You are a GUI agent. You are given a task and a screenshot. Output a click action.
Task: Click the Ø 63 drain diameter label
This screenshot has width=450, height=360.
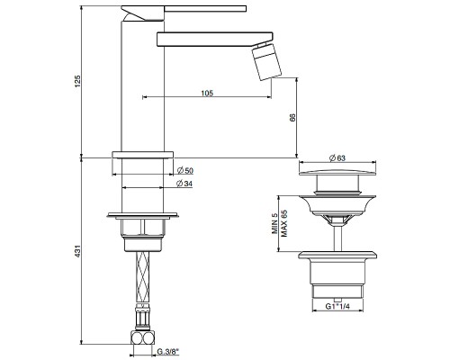tap(337, 159)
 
